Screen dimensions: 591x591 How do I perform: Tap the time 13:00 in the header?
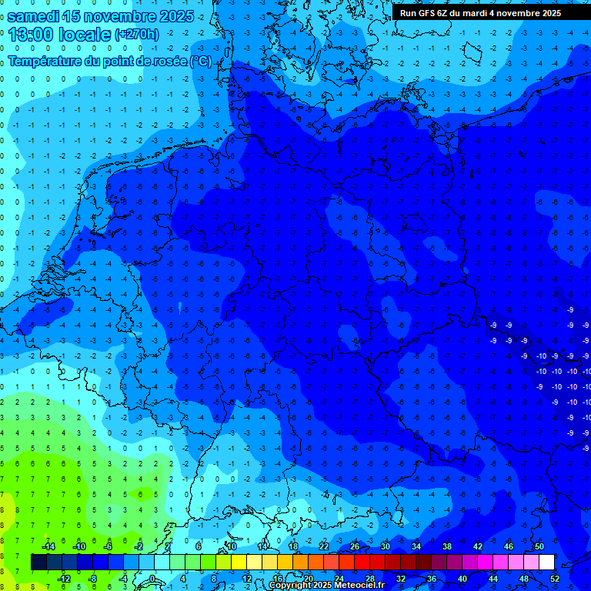[36, 34]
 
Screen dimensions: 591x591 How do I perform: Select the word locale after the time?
[88, 34]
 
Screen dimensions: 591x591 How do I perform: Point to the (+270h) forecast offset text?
[137, 34]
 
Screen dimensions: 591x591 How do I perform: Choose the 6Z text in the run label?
[449, 13]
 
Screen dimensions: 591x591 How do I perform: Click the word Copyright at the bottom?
[290, 585]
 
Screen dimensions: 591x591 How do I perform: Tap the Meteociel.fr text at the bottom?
[359, 585]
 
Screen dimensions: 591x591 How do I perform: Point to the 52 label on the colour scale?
[554, 579]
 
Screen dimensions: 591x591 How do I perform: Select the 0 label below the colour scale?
[152, 579]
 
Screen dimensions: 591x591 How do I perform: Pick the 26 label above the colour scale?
[354, 546]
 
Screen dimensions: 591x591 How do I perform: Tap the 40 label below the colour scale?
[462, 579]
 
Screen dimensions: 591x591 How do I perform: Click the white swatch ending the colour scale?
[546, 562]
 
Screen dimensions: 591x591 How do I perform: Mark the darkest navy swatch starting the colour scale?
[38, 562]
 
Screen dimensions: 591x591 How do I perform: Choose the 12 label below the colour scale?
[246, 579]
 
